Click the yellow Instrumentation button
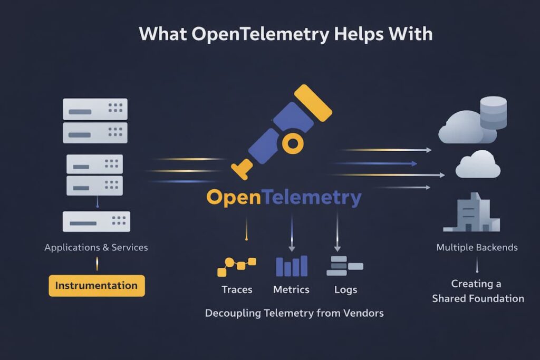(97, 286)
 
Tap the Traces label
(237, 289)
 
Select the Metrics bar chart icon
(292, 266)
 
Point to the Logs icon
(344, 266)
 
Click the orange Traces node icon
(236, 266)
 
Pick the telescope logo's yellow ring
(292, 142)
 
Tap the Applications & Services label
(96, 247)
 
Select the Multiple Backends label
(477, 247)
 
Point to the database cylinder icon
(493, 112)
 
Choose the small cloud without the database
(478, 164)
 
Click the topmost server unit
(95, 109)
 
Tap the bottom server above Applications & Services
(96, 221)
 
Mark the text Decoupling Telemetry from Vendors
(294, 313)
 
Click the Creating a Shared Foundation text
(478, 291)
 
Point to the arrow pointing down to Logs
(337, 232)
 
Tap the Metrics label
(291, 289)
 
